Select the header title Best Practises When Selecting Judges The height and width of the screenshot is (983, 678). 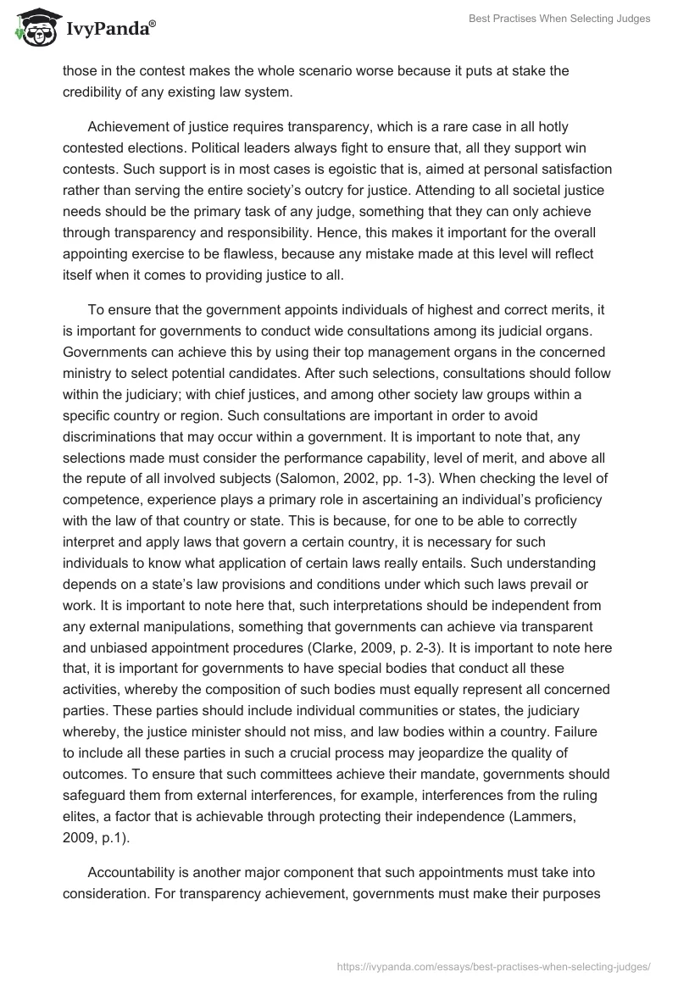(559, 19)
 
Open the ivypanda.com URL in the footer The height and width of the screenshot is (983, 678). (493, 965)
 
